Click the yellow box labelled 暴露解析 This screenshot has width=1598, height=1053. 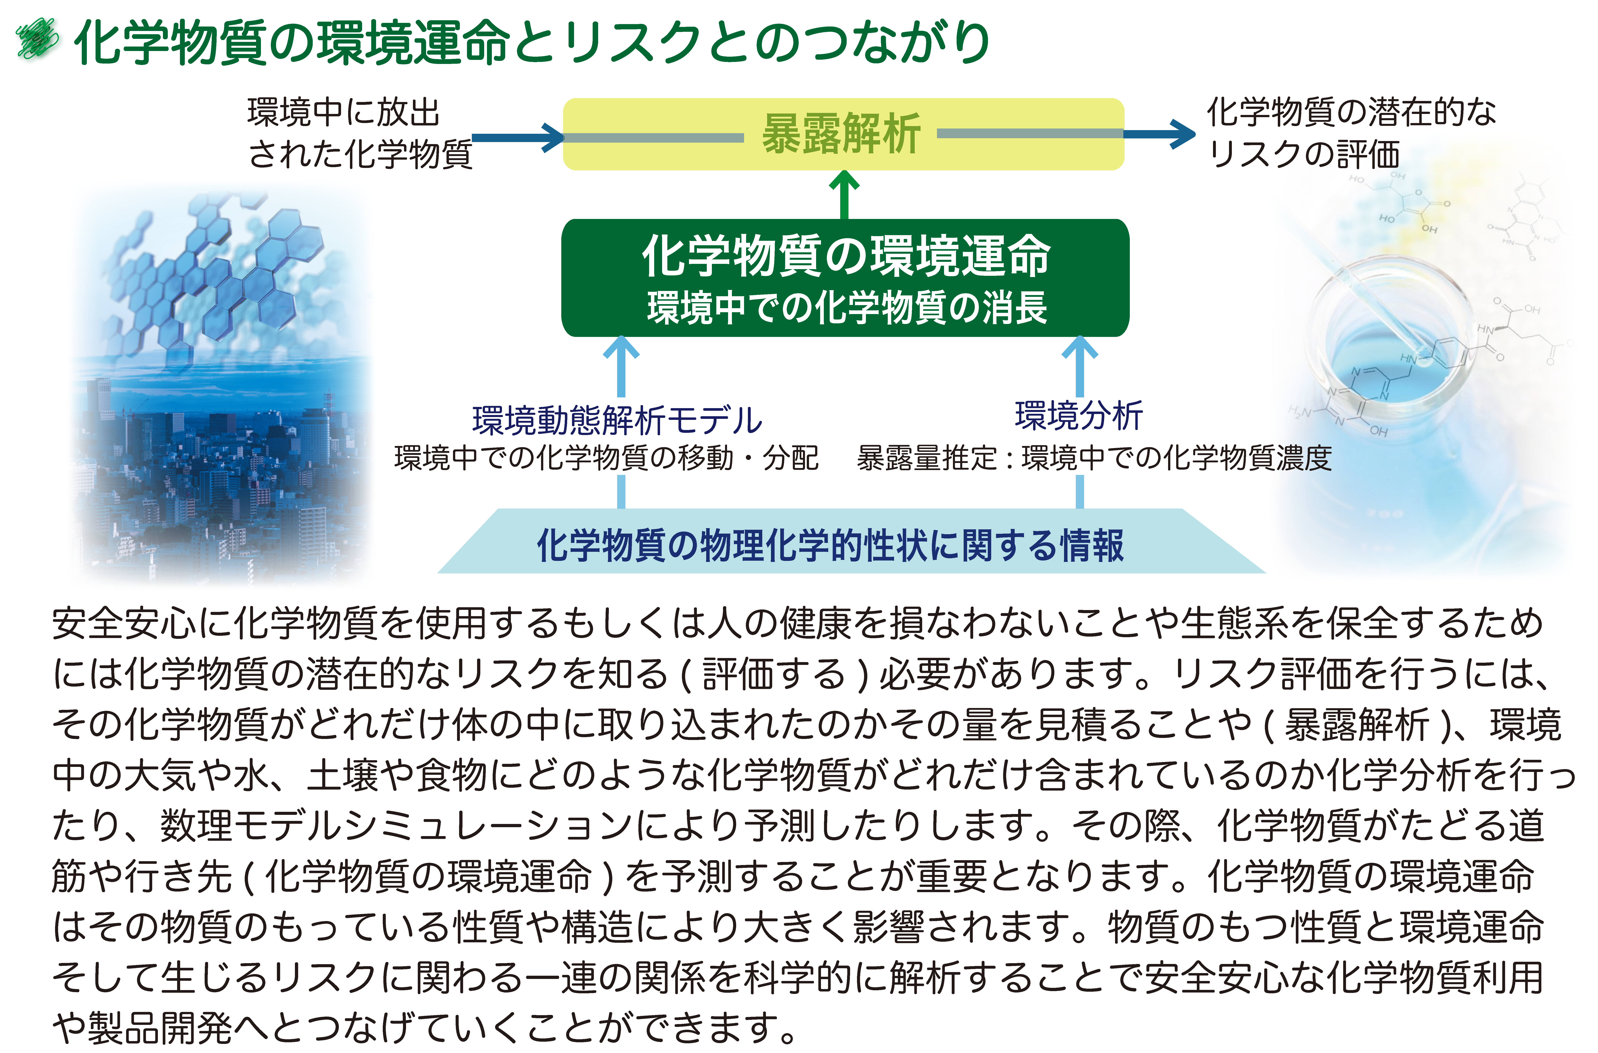pos(843,134)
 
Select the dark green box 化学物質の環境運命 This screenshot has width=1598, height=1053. pos(845,278)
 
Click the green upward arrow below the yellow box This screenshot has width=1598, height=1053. pos(844,195)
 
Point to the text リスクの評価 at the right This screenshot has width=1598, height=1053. pos(1303,154)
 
